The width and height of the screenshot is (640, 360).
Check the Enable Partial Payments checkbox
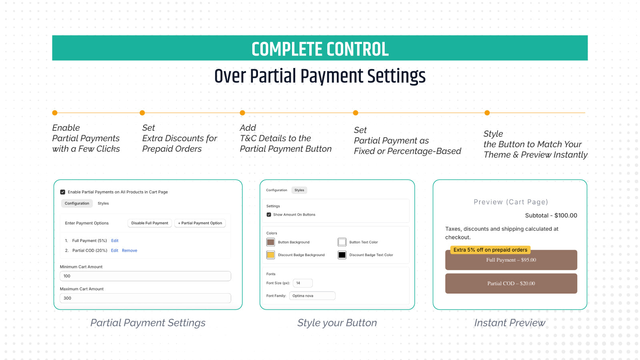pos(62,192)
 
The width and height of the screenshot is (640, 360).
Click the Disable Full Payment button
pos(150,223)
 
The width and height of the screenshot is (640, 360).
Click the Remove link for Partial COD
pos(130,251)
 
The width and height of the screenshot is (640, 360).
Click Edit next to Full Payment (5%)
pos(115,241)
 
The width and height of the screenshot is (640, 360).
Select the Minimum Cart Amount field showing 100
pos(145,276)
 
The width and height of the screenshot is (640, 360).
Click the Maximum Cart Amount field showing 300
pos(145,298)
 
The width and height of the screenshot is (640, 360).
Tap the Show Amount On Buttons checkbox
pos(269,215)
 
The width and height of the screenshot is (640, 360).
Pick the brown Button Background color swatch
pos(271,242)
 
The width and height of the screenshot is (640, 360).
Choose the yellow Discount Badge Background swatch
pos(271,255)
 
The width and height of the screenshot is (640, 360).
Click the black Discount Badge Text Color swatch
pos(342,255)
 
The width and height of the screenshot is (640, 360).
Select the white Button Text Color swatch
pos(342,242)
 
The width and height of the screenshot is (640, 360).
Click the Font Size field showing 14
pos(302,283)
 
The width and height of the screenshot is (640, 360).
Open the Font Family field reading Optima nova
pos(312,296)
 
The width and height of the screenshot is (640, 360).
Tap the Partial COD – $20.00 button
pos(511,284)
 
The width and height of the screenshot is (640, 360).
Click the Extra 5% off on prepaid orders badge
pos(490,250)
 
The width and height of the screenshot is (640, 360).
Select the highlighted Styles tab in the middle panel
pos(299,190)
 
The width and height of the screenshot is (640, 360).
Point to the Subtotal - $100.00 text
pos(551,216)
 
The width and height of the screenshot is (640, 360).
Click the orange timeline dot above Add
pos(242,113)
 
